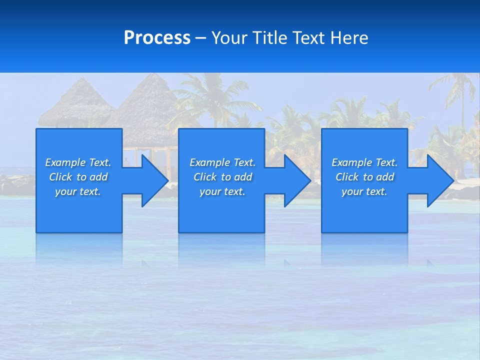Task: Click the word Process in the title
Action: coord(157,38)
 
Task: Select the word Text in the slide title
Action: coord(310,38)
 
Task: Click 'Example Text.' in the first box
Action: coord(78,162)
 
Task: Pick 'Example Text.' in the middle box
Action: coord(222,162)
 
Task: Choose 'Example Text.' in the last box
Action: coord(364,162)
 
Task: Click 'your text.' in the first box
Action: coord(78,191)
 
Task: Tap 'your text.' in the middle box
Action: coord(222,191)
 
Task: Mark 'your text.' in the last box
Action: coord(364,191)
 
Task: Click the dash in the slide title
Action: coord(201,38)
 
